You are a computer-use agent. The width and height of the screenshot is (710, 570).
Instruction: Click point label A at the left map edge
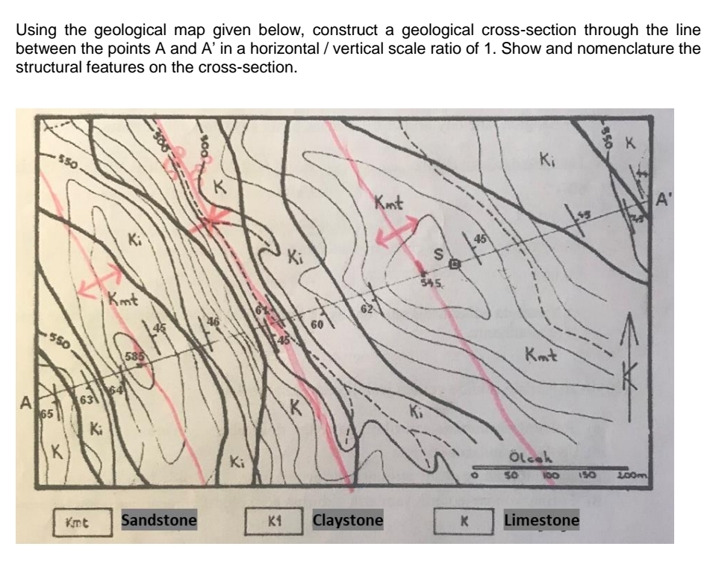(x=25, y=403)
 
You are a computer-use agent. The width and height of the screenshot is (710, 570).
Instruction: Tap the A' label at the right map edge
(x=662, y=200)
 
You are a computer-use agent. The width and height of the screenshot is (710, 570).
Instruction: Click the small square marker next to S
(x=453, y=264)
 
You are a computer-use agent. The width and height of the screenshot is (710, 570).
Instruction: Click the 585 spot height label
(x=134, y=356)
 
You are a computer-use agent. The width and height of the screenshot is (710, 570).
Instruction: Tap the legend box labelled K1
(x=274, y=519)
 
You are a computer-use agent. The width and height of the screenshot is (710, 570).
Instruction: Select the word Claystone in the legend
(x=348, y=518)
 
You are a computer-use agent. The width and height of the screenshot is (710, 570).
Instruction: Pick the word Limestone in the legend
(x=542, y=518)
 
